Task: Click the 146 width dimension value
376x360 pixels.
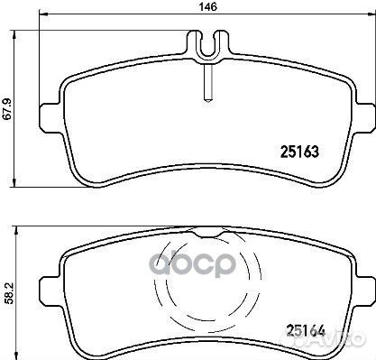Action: pyautogui.click(x=208, y=6)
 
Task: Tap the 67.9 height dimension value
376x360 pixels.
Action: pyautogui.click(x=7, y=109)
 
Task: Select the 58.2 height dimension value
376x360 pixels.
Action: pyautogui.click(x=9, y=292)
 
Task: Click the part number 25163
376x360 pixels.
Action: pyautogui.click(x=299, y=152)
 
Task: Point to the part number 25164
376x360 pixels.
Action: pyautogui.click(x=306, y=331)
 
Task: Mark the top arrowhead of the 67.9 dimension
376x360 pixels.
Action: pyautogui.click(x=14, y=34)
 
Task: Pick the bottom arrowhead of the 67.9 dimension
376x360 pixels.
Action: pyautogui.click(x=14, y=183)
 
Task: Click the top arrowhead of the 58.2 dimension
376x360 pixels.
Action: pyautogui.click(x=16, y=230)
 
